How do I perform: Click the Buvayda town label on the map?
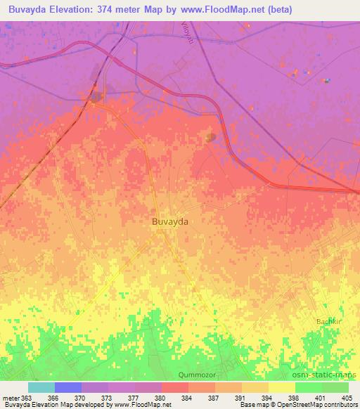(169, 221)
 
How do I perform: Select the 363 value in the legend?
(27, 398)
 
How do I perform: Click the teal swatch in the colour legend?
(41, 387)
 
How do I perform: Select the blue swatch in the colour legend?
(67, 387)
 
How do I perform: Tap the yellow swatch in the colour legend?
(281, 387)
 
